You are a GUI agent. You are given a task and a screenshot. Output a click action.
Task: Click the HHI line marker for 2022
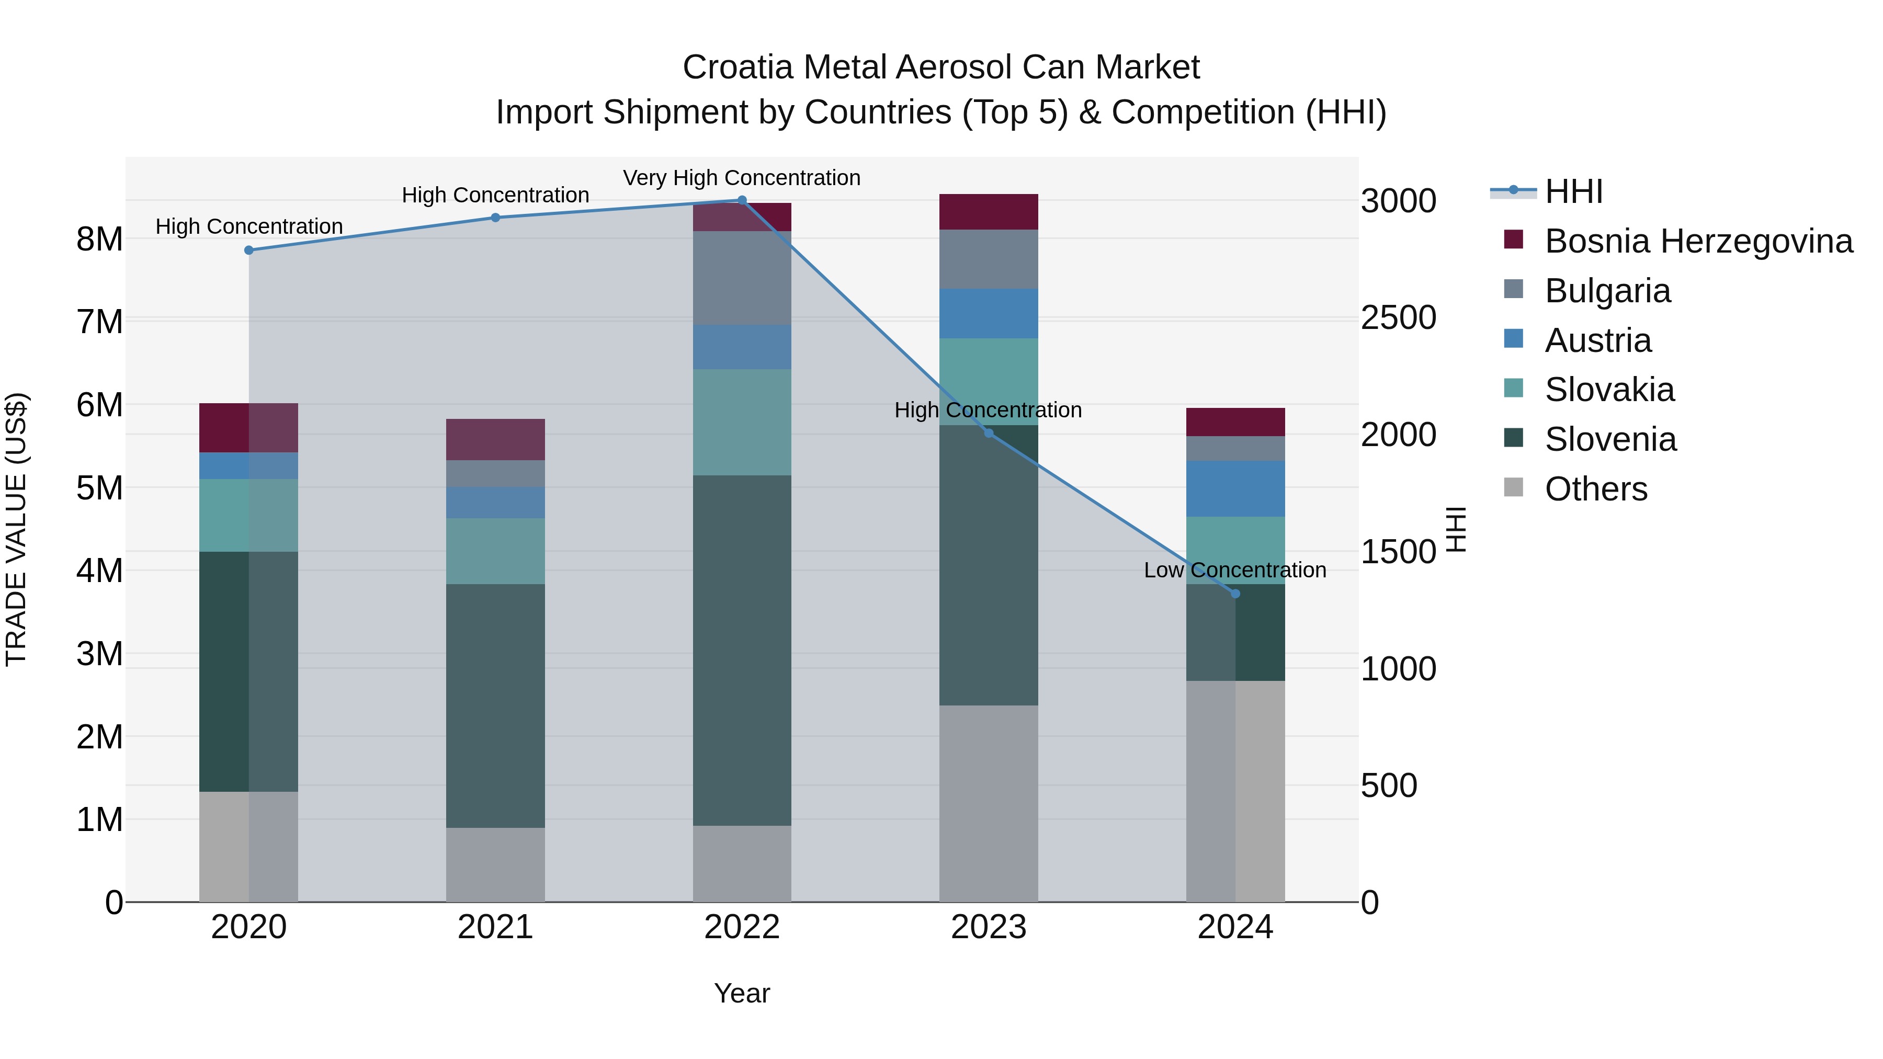pos(742,200)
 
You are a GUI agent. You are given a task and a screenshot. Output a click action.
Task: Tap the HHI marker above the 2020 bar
pos(248,250)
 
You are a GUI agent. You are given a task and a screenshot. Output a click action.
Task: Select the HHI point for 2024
pos(1235,594)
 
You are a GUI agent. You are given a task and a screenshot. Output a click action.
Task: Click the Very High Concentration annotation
pos(741,178)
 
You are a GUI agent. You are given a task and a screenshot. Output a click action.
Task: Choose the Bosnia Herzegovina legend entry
pos(1698,241)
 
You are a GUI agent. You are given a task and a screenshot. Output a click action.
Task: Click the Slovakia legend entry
pos(1609,390)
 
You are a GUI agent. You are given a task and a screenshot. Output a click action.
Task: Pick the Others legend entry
pos(1596,489)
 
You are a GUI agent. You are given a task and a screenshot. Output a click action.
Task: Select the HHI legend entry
pos(1573,191)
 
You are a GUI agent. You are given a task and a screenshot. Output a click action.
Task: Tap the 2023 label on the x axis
pos(988,927)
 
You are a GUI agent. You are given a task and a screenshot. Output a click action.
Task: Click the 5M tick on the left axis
pos(99,487)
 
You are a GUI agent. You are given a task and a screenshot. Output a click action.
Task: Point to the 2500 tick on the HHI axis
pos(1398,318)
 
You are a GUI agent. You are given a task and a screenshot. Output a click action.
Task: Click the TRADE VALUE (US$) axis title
pos(16,529)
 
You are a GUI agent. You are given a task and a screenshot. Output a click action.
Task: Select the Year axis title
pos(741,993)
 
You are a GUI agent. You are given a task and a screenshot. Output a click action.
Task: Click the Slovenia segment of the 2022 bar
pos(742,651)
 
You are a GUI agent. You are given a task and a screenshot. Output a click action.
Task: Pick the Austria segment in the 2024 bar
pos(1235,488)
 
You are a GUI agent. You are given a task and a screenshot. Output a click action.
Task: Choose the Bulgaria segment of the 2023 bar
pos(988,259)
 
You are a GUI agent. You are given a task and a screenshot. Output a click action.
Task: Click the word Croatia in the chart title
pos(738,67)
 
